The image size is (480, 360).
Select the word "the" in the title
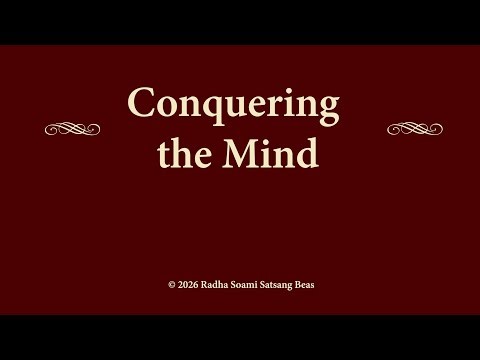pyautogui.click(x=182, y=153)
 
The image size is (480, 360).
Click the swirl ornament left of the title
pyautogui.click(x=73, y=128)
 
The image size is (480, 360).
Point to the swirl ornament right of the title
pyautogui.click(x=414, y=128)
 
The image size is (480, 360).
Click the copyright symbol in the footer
pyautogui.click(x=171, y=285)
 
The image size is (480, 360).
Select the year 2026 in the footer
pyautogui.click(x=187, y=285)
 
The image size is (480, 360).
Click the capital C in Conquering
pyautogui.click(x=141, y=104)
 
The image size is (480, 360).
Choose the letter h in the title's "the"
pyautogui.click(x=182, y=152)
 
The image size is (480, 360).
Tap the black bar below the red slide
pyautogui.click(x=240, y=337)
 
